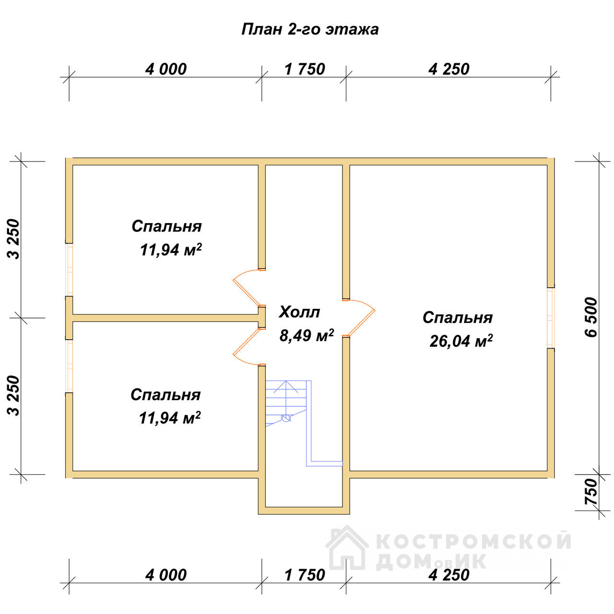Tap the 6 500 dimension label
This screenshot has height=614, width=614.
pyautogui.click(x=591, y=317)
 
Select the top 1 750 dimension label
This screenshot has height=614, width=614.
pyautogui.click(x=305, y=69)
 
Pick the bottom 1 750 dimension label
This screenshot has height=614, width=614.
pyautogui.click(x=305, y=575)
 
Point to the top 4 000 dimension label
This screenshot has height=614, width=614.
pyautogui.click(x=165, y=69)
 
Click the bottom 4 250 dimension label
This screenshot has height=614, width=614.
pyautogui.click(x=449, y=575)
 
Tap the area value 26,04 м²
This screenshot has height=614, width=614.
pyautogui.click(x=460, y=341)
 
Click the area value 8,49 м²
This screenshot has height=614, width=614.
pyautogui.click(x=307, y=335)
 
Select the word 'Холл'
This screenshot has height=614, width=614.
pyautogui.click(x=299, y=312)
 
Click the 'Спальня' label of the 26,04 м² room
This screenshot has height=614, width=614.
pyautogui.click(x=458, y=318)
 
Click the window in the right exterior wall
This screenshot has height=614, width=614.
pyautogui.click(x=551, y=318)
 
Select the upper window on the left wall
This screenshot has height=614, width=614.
pyautogui.click(x=69, y=270)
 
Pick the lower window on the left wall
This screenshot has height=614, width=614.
pyautogui.click(x=69, y=366)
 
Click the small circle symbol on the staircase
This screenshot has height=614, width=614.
pyautogui.click(x=286, y=418)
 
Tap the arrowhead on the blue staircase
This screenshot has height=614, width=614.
pyautogui.click(x=286, y=386)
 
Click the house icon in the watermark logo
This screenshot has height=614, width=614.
pyautogui.click(x=347, y=548)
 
